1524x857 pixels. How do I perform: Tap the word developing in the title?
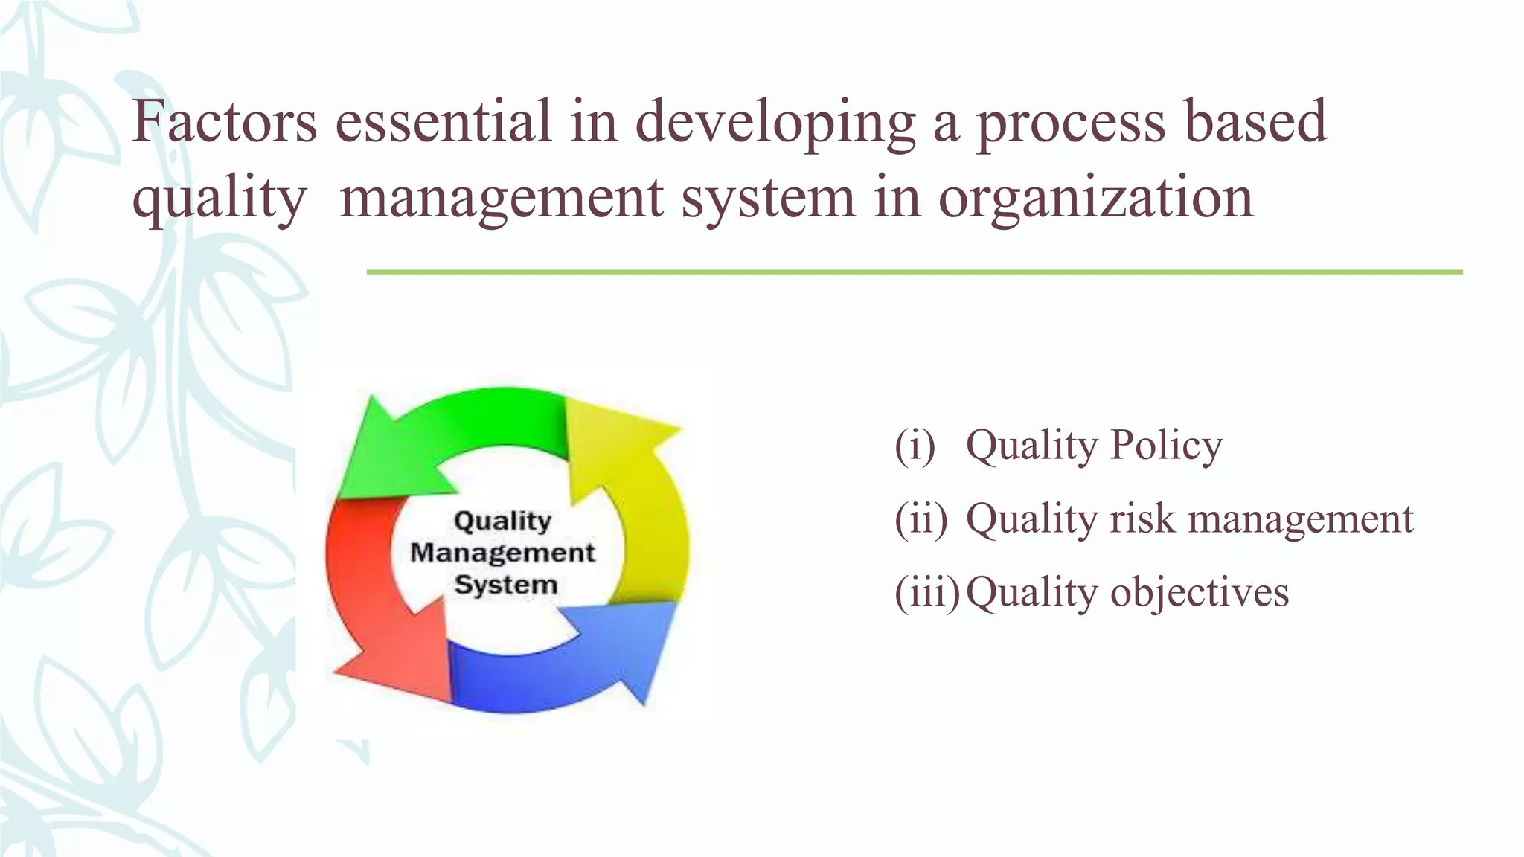point(775,123)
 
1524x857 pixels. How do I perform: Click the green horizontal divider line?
point(914,272)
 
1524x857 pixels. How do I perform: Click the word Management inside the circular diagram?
point(502,553)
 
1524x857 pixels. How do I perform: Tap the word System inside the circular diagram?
point(505,585)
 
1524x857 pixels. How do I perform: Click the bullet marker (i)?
point(915,445)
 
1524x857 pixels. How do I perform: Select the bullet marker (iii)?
point(926,593)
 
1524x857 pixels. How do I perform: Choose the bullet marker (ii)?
point(921,519)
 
